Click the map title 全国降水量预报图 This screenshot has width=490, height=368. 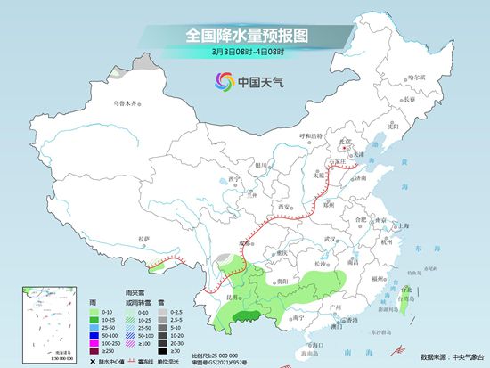point(244,35)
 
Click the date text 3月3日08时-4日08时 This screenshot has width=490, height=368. point(244,53)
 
